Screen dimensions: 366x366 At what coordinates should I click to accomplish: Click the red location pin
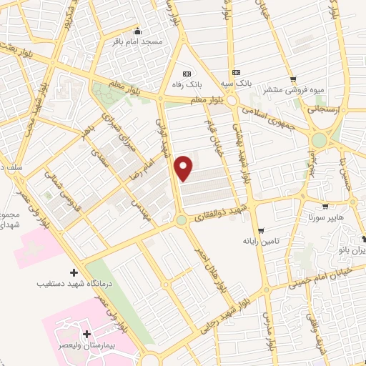click(x=184, y=167)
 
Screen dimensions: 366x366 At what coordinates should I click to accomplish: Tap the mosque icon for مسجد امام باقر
click(x=137, y=32)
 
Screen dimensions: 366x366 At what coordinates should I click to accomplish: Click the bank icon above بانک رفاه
click(x=187, y=74)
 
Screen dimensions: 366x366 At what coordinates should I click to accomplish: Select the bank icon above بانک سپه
click(x=236, y=73)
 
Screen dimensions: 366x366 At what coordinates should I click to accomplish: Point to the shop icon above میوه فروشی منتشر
click(x=292, y=79)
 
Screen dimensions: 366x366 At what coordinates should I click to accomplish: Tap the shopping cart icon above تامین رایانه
click(x=262, y=230)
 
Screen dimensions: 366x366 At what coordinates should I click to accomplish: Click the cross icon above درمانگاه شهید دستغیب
click(x=74, y=272)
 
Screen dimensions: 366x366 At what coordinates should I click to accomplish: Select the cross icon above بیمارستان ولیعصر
click(x=87, y=334)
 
